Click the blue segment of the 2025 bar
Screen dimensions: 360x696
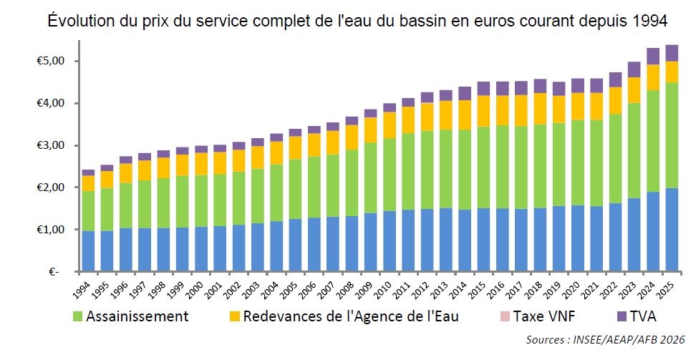click(671, 230)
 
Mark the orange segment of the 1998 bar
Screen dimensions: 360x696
click(163, 167)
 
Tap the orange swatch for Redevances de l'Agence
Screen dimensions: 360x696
click(234, 316)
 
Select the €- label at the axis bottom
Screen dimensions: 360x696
click(54, 272)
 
